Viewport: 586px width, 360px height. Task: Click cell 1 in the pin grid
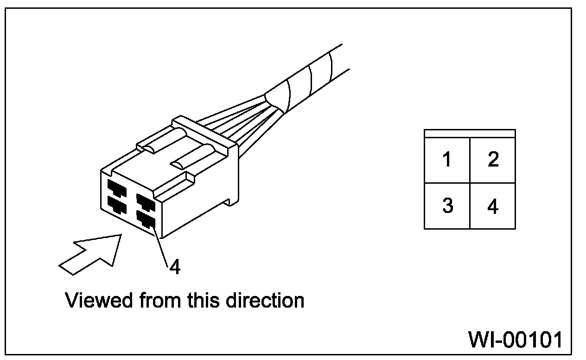(447, 160)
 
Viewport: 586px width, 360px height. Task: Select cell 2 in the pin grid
(493, 160)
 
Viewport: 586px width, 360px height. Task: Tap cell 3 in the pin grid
(447, 206)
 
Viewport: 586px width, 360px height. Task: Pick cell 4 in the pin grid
(493, 206)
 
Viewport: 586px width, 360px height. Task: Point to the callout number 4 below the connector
(174, 267)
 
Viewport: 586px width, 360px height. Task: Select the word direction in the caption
(265, 300)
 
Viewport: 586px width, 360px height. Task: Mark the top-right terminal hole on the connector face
(144, 201)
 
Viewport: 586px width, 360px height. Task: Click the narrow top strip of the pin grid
(470, 133)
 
